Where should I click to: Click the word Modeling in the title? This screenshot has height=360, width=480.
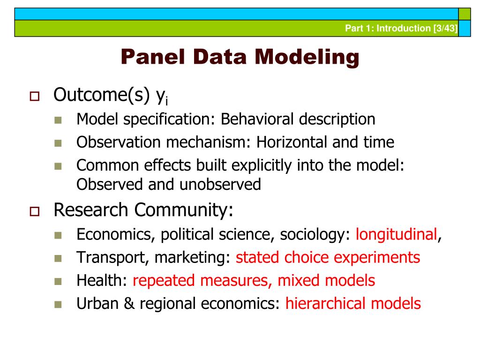coord(307,58)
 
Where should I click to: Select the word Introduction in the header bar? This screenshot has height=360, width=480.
coord(398,29)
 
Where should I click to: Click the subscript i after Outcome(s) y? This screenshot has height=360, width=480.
coord(166,100)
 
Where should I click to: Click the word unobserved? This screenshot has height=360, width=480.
coord(220,184)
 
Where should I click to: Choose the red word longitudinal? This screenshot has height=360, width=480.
coord(396,234)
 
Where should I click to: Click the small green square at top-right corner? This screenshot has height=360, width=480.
coord(464,14)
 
